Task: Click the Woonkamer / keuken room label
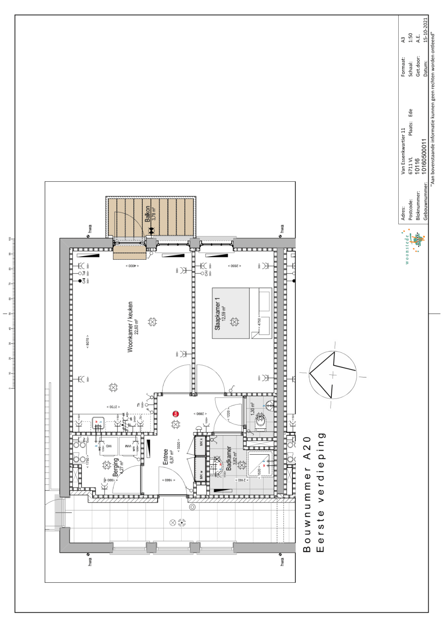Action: point(130,327)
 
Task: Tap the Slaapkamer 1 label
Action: point(218,314)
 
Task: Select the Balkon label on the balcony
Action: point(148,214)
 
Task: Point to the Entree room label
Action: point(166,456)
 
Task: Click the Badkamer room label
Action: point(229,458)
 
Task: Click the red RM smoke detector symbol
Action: point(176,414)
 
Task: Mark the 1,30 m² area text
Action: point(253,409)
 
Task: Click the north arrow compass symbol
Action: point(333,374)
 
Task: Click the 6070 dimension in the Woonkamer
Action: point(88,341)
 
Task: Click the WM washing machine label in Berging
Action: point(128,446)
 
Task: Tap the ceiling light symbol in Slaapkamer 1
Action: point(234,322)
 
